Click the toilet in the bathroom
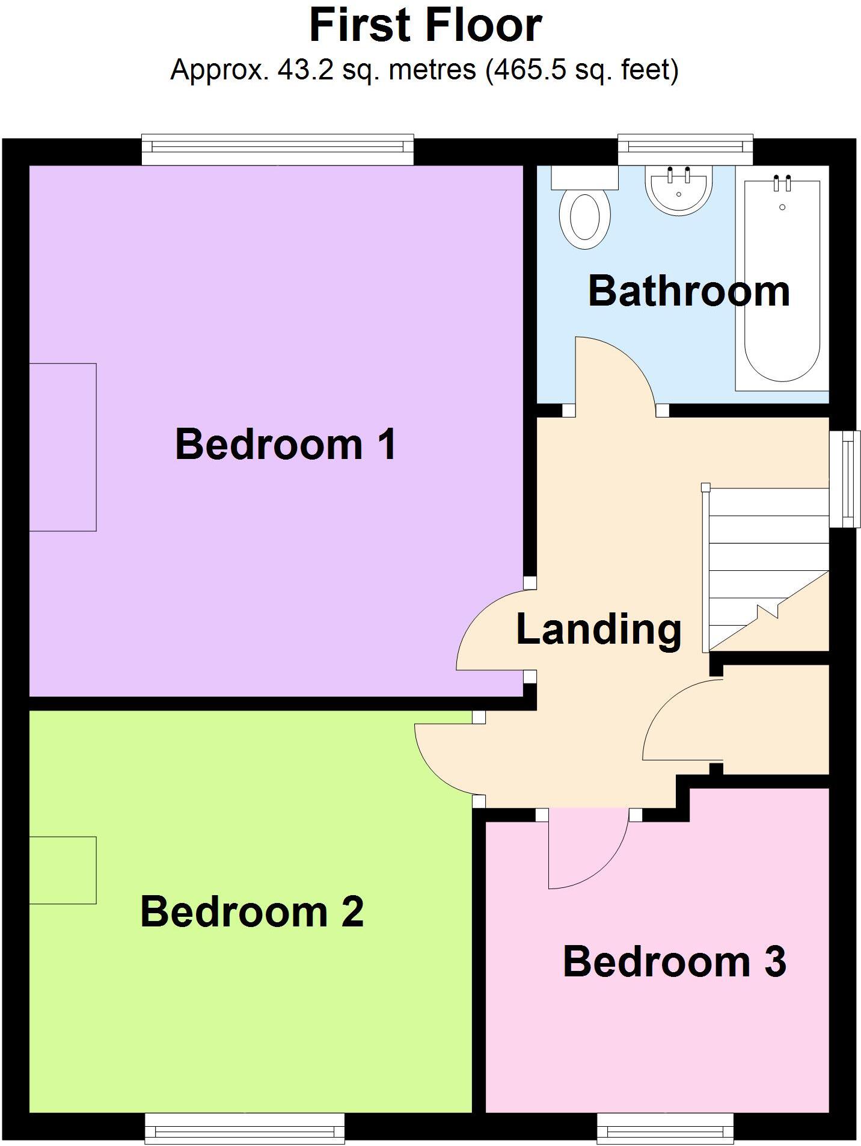pyautogui.click(x=584, y=214)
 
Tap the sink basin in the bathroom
pyautogui.click(x=679, y=188)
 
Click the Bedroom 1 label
pyautogui.click(x=286, y=445)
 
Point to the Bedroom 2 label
pyautogui.click(x=252, y=912)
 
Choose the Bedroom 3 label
pyautogui.click(x=674, y=962)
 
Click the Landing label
pyautogui.click(x=599, y=630)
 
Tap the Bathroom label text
pyautogui.click(x=688, y=292)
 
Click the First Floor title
pyautogui.click(x=426, y=25)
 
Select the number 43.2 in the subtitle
pyautogui.click(x=305, y=70)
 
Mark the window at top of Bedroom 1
pyautogui.click(x=277, y=150)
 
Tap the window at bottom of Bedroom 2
pyautogui.click(x=245, y=1128)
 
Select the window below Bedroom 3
pyautogui.click(x=665, y=1128)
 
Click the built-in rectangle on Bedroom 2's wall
pyautogui.click(x=63, y=870)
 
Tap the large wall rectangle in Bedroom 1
pyautogui.click(x=63, y=447)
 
